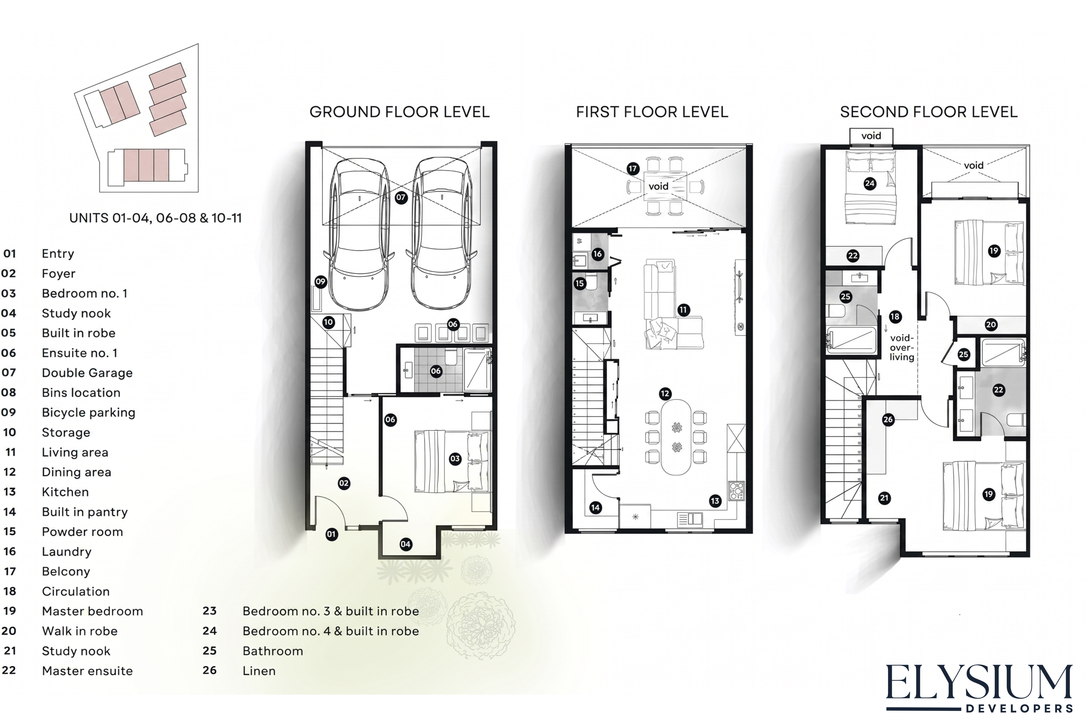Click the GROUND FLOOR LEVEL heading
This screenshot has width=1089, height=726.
(399, 112)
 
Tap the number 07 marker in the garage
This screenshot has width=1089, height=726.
(401, 197)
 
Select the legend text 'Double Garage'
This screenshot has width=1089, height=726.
(87, 373)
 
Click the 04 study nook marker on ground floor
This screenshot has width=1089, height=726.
(406, 544)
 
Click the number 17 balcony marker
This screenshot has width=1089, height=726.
(633, 168)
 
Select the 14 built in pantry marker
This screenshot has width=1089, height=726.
(595, 507)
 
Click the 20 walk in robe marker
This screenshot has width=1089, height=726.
(991, 325)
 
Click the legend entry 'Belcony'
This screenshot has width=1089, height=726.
(66, 571)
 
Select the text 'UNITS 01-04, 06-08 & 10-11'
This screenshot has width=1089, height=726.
(156, 218)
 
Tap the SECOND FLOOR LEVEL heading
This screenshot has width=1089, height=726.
(929, 112)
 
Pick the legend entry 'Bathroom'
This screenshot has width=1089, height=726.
(273, 651)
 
